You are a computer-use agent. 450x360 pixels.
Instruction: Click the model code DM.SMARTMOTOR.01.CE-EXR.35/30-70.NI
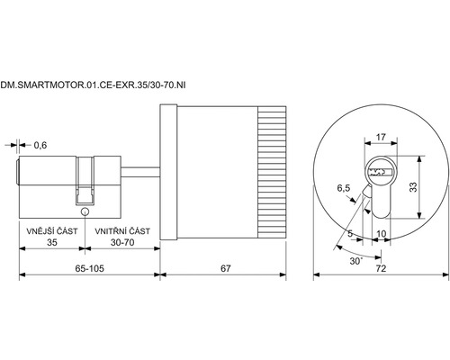click(93, 85)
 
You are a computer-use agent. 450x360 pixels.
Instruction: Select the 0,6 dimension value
click(40, 146)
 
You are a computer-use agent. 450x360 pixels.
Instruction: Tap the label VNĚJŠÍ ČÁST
click(52, 231)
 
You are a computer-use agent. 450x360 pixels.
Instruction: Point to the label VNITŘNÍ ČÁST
click(122, 231)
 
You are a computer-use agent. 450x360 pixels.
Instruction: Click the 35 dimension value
click(52, 242)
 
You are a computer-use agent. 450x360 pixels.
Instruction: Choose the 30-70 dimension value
click(122, 242)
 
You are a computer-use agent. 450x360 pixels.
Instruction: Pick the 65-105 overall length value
click(89, 268)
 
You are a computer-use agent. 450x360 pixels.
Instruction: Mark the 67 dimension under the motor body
click(226, 268)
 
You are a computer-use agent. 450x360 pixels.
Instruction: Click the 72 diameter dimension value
click(381, 268)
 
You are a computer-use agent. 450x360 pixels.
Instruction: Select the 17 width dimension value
click(381, 138)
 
